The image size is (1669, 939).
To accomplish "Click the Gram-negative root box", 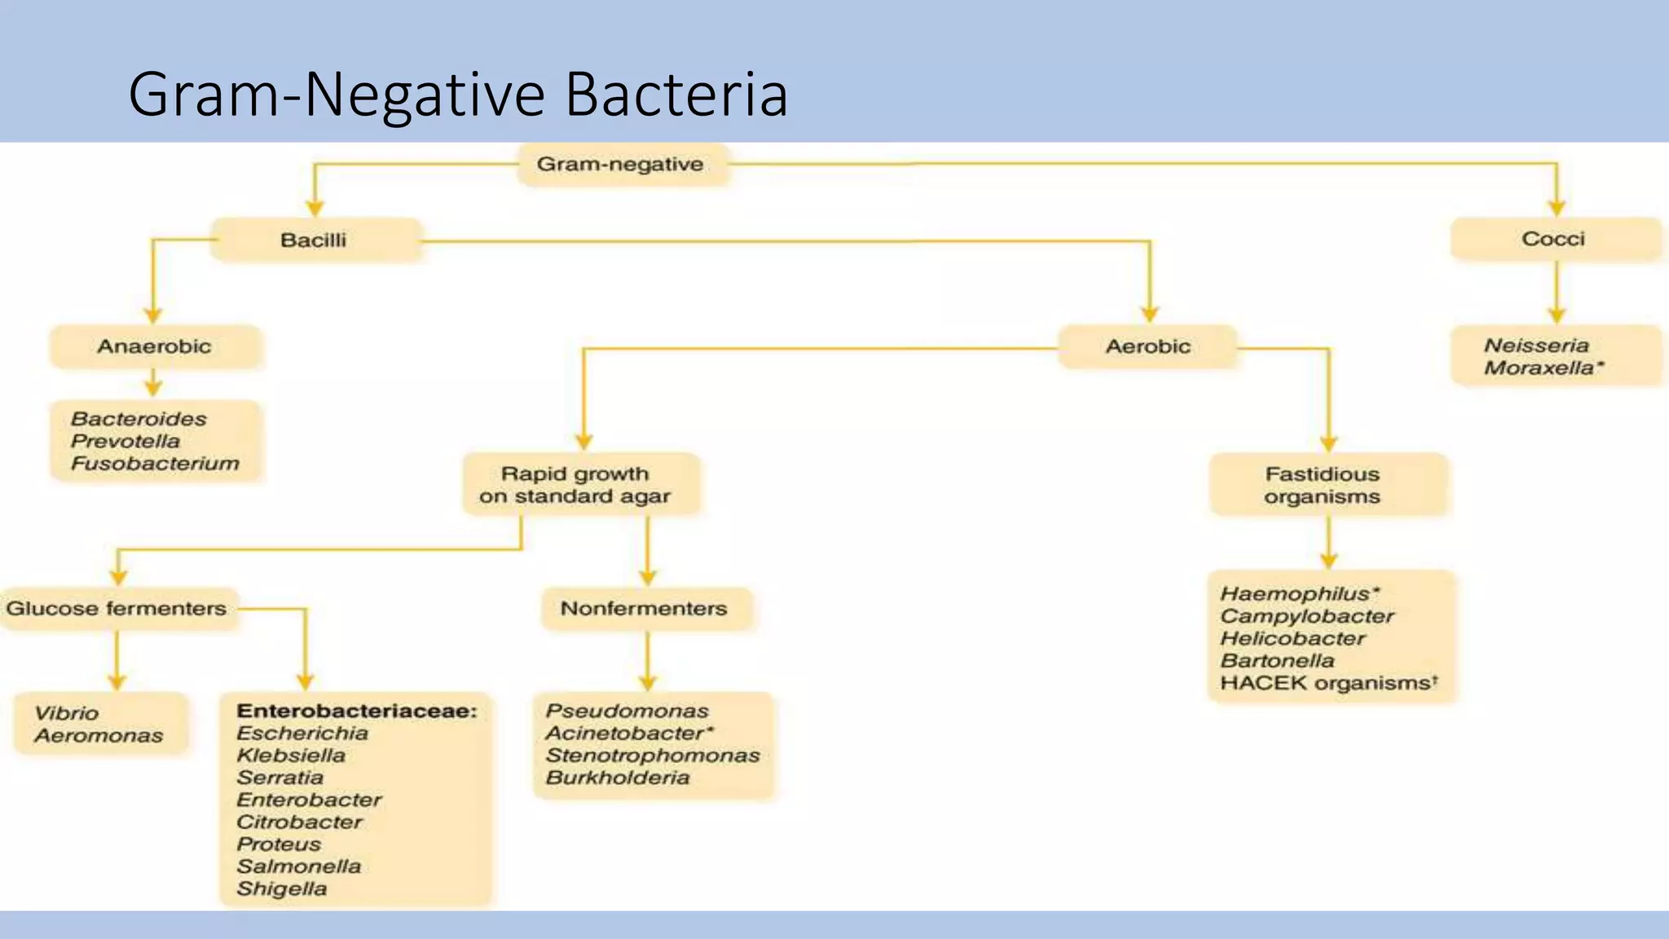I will click(621, 165).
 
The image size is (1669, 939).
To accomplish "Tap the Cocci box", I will click(1553, 240).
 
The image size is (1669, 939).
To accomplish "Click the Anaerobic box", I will click(155, 347).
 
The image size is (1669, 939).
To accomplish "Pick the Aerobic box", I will click(1147, 347).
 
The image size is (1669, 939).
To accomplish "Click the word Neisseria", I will click(1536, 346).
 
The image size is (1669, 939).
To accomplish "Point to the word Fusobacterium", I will click(155, 464).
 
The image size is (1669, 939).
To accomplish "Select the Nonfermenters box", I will click(644, 609).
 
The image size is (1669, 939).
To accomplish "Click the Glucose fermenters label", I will click(117, 609).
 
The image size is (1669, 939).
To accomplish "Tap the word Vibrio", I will click(67, 713).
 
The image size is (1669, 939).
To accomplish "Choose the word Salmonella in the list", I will click(299, 866).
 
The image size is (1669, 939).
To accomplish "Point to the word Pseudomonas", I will click(627, 711).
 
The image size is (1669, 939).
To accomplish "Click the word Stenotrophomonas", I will click(653, 756).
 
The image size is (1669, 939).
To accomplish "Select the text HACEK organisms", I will click(1324, 683).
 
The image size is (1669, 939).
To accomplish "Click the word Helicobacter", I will click(1292, 639).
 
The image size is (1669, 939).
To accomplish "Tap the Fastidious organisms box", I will click(1322, 486).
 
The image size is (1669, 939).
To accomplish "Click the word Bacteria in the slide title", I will click(676, 95).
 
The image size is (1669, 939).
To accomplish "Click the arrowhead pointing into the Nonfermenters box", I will click(648, 578).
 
